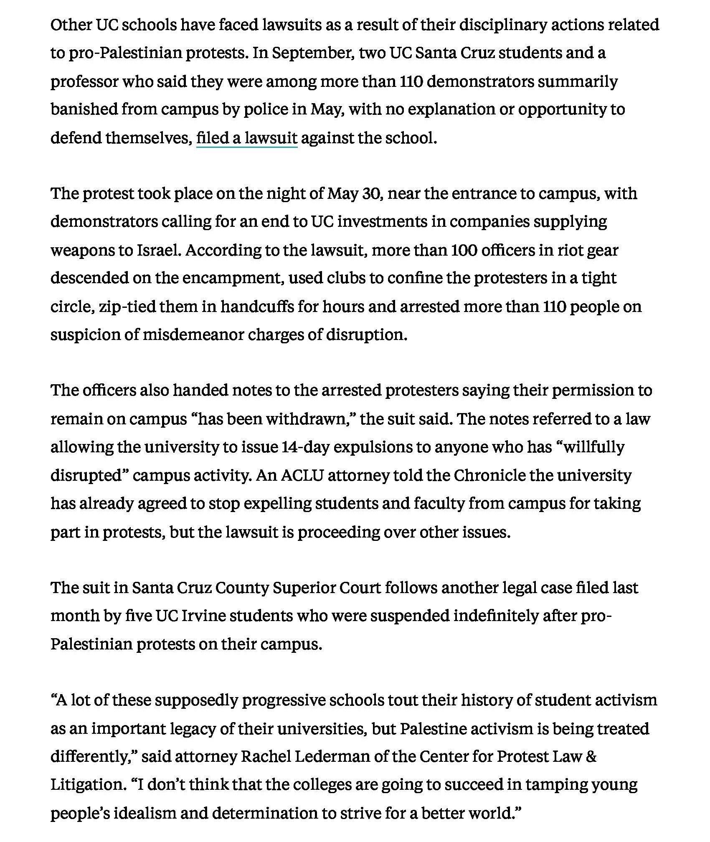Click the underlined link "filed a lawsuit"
click(x=246, y=137)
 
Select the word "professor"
click(x=84, y=81)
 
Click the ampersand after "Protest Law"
click(x=591, y=756)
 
